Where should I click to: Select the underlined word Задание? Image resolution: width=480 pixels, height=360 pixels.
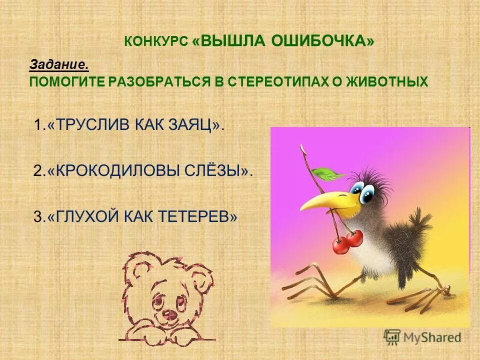pos(59,64)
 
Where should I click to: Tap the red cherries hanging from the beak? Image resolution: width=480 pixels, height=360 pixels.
pos(348,242)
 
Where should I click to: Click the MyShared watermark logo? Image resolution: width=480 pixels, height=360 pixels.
pos(422,337)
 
